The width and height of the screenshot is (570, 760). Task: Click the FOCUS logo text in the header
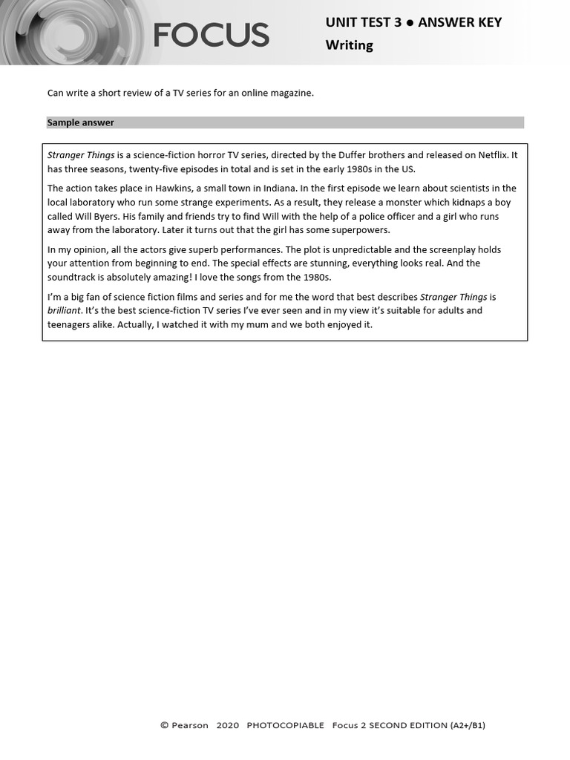212,35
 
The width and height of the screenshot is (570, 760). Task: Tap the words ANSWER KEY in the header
460,22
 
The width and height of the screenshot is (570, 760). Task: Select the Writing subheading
349,45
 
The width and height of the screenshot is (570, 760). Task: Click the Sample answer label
81,122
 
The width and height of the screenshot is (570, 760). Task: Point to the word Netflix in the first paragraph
492,155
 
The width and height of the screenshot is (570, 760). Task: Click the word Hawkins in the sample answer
173,189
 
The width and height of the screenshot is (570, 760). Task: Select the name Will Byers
95,217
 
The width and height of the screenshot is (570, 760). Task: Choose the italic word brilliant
64,311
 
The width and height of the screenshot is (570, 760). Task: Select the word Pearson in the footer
189,725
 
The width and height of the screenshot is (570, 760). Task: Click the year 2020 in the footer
228,725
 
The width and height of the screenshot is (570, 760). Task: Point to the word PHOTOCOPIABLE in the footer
285,725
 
